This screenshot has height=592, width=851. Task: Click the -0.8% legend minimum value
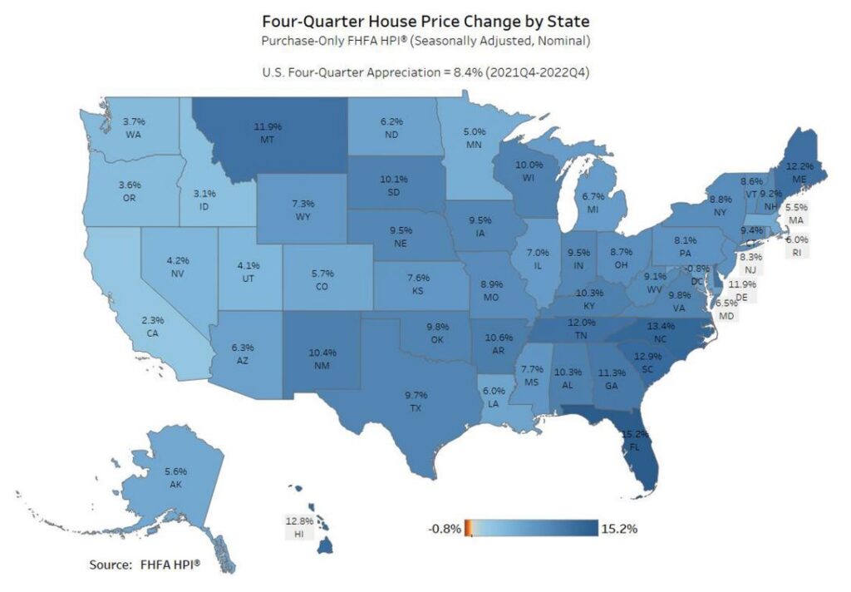point(445,528)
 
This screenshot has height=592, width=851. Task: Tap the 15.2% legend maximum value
point(619,528)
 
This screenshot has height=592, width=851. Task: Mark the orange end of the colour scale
point(468,528)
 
